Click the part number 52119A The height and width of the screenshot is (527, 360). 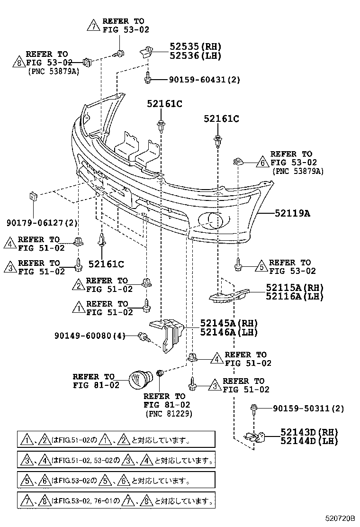[x=292, y=214]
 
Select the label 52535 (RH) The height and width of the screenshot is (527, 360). [x=196, y=46]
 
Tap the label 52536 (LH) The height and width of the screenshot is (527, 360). [x=196, y=55]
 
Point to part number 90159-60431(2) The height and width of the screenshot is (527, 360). [x=204, y=80]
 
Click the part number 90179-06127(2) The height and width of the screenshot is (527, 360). [x=42, y=223]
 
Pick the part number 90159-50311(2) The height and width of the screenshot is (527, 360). [x=308, y=408]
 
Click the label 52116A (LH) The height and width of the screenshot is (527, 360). [x=294, y=297]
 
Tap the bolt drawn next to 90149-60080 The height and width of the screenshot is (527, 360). [x=143, y=336]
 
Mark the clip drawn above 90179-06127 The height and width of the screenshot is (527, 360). [x=33, y=196]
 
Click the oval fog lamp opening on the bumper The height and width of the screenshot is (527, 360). [x=214, y=219]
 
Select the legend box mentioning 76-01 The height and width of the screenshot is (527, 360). [x=116, y=500]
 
